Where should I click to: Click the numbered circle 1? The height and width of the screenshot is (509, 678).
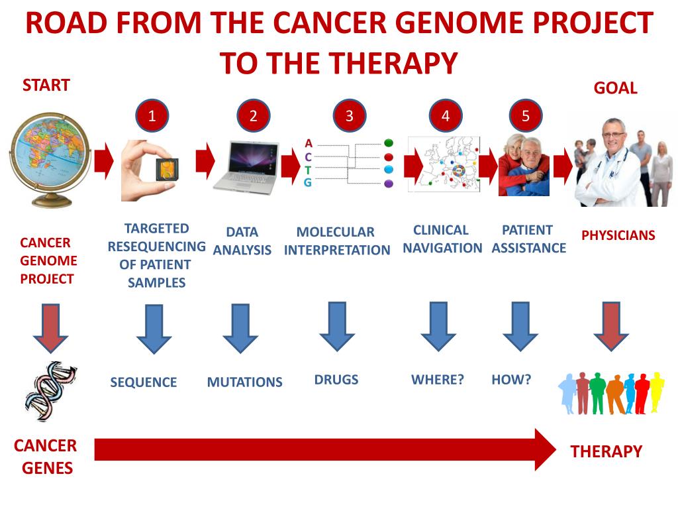152,116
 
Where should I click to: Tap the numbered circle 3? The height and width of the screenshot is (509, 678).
350,116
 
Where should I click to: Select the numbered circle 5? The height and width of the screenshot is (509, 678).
526,116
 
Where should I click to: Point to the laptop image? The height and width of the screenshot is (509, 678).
246,166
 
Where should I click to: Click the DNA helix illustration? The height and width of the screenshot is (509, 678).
50,391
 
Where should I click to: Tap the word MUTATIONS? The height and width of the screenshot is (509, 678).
244,382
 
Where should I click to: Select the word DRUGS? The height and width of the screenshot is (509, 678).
336,380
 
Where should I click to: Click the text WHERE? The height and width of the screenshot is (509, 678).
438,380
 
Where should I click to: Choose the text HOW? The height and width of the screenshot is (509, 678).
511,380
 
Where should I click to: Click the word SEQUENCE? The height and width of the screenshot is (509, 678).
144,382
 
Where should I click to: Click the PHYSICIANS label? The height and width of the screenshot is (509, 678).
618,235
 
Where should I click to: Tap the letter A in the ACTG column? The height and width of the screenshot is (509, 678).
309,143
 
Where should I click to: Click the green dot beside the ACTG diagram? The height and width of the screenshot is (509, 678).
389,143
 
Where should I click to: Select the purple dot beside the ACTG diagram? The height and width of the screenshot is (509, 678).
389,184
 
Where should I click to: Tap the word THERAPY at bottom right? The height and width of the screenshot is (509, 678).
606,452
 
